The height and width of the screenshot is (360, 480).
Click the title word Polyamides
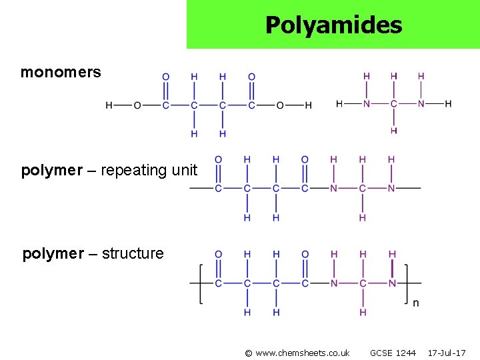pyautogui.click(x=333, y=25)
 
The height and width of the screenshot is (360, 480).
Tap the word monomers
pyautogui.click(x=61, y=72)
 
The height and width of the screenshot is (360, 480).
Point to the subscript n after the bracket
pyautogui.click(x=416, y=303)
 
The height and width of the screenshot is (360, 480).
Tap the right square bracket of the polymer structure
pyautogui.click(x=408, y=284)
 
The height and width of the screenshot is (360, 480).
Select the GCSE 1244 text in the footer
pyautogui.click(x=393, y=353)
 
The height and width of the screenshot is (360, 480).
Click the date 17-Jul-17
pyautogui.click(x=447, y=353)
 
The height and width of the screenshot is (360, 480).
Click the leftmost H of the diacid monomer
pyautogui.click(x=109, y=105)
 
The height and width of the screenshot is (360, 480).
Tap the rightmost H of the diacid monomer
pyautogui.click(x=308, y=105)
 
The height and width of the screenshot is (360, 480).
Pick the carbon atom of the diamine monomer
pyautogui.click(x=393, y=104)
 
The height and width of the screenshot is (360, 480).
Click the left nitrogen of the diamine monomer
pyautogui.click(x=366, y=104)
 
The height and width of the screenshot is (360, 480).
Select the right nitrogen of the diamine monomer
pyautogui.click(x=421, y=104)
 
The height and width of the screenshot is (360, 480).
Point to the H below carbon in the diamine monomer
pyautogui.click(x=393, y=131)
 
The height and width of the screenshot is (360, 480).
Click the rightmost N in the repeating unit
pyautogui.click(x=391, y=189)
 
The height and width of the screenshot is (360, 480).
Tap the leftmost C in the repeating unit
pyautogui.click(x=218, y=189)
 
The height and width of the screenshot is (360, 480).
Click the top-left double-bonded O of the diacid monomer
pyautogui.click(x=166, y=77)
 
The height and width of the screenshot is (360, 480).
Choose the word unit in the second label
pyautogui.click(x=185, y=171)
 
